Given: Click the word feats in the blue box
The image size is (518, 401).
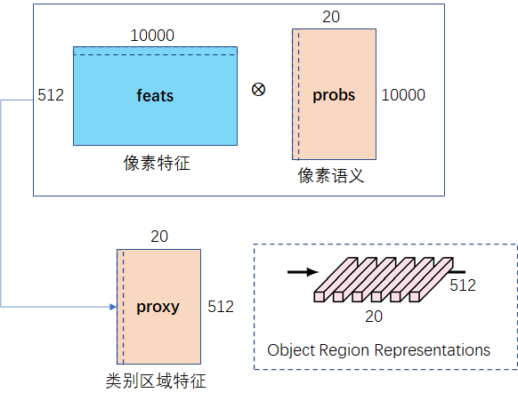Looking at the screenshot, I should click(155, 95).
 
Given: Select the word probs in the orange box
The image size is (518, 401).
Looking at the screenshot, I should click(334, 95).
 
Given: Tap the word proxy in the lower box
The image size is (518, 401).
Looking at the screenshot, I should click(158, 307).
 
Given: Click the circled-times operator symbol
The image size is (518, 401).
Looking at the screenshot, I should click(258, 90).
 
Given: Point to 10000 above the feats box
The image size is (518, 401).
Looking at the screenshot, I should click(152, 36).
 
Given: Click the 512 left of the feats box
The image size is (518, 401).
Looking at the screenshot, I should click(51, 95).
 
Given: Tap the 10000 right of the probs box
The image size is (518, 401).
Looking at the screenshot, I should click(403, 95).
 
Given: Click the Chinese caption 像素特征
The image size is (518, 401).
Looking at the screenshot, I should click(157, 164).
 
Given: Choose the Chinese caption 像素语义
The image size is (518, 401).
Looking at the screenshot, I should click(331, 176).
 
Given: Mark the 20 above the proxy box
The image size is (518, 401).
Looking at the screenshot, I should click(159, 237).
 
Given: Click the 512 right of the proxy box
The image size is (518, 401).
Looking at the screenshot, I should click(221, 307).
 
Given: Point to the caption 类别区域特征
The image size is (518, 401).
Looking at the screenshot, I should click(156, 381).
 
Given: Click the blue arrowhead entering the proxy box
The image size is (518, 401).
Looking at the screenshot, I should click(113, 307).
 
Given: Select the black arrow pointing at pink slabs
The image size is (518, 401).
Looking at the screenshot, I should click(300, 272).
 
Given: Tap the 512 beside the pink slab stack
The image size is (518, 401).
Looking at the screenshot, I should click(462, 285).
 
